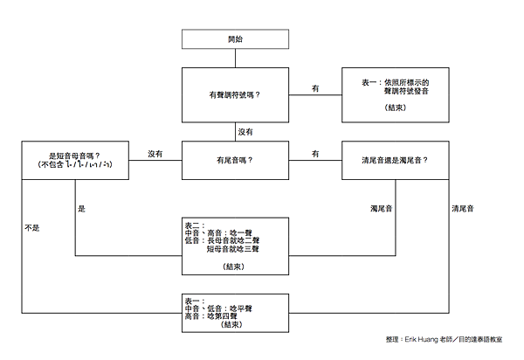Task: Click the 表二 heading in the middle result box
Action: [193, 225]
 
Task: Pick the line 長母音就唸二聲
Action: [228, 240]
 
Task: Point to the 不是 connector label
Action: [32, 227]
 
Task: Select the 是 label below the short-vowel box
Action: [82, 209]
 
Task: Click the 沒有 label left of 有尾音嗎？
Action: [155, 154]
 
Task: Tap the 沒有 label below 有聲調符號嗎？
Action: [246, 132]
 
